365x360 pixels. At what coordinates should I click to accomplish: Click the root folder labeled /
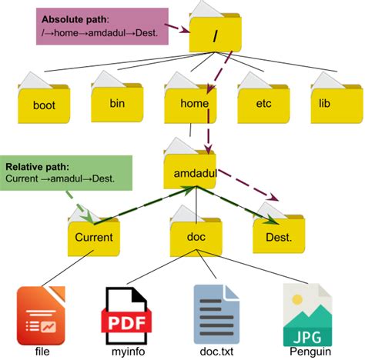pyautogui.click(x=215, y=29)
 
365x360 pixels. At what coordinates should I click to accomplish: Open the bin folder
pyautogui.click(x=117, y=98)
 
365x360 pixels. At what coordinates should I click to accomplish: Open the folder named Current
pyautogui.click(x=94, y=233)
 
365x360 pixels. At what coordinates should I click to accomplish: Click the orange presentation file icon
pyautogui.click(x=41, y=315)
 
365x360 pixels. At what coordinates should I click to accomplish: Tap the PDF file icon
pyautogui.click(x=126, y=315)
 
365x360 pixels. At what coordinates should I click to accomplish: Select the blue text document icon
pyautogui.click(x=216, y=315)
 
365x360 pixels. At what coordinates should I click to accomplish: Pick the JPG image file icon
pyautogui.click(x=307, y=315)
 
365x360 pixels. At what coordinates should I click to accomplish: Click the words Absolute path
pyautogui.click(x=74, y=19)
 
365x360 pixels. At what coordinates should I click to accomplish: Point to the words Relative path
pyautogui.click(x=37, y=167)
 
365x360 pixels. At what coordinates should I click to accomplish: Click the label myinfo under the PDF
pyautogui.click(x=128, y=352)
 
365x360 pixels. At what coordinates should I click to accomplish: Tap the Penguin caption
pyautogui.click(x=310, y=352)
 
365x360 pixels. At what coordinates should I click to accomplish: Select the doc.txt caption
pyautogui.click(x=216, y=352)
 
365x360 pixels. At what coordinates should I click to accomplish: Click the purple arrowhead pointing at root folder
pyautogui.click(x=186, y=30)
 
